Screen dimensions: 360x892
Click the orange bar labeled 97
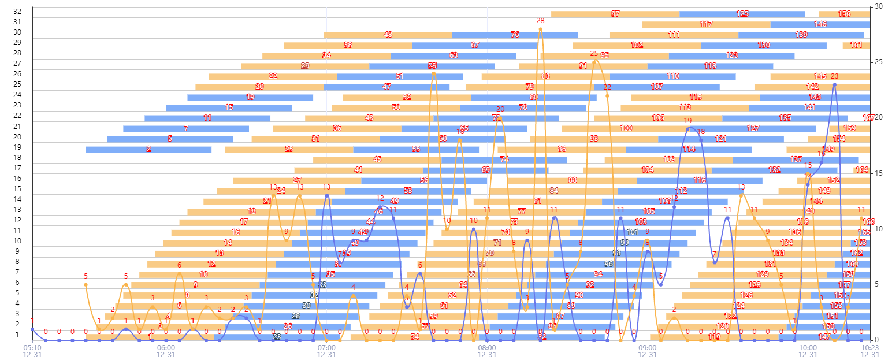point(615,14)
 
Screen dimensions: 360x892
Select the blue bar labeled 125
point(742,14)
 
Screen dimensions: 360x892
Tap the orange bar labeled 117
point(706,24)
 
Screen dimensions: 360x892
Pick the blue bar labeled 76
point(515,35)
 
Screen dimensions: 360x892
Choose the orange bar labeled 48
point(388,35)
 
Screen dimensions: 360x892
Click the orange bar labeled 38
point(348,45)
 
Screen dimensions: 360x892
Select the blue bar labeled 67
point(475,45)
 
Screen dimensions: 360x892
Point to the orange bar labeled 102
point(637,45)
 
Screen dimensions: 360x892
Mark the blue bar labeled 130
point(764,45)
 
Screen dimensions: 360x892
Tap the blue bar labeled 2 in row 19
point(148,149)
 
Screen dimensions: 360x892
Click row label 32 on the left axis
point(17,12)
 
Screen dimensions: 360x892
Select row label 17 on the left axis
point(17,168)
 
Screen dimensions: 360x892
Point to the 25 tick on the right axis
point(879,62)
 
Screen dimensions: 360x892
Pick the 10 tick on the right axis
point(879,229)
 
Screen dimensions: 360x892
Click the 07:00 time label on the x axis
point(326,347)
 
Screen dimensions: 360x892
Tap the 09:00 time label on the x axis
point(648,347)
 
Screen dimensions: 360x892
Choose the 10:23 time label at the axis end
point(869,347)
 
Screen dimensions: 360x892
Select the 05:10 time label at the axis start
point(32,347)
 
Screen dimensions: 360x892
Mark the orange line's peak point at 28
point(540,29)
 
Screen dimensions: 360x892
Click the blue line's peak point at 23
point(834,84)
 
